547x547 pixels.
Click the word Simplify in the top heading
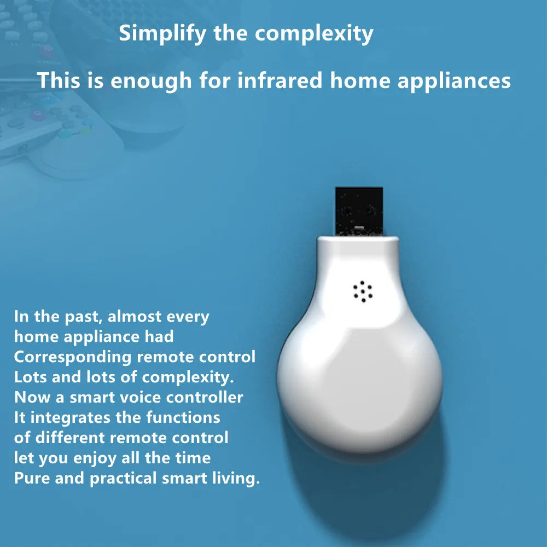162,34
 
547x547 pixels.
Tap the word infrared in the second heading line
280,80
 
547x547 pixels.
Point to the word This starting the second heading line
59,80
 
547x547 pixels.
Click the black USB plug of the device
359,211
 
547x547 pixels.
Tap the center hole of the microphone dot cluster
363,292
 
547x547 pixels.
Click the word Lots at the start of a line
30,377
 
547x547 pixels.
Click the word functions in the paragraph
183,417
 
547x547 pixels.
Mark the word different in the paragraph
70,438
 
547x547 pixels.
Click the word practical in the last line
123,479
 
